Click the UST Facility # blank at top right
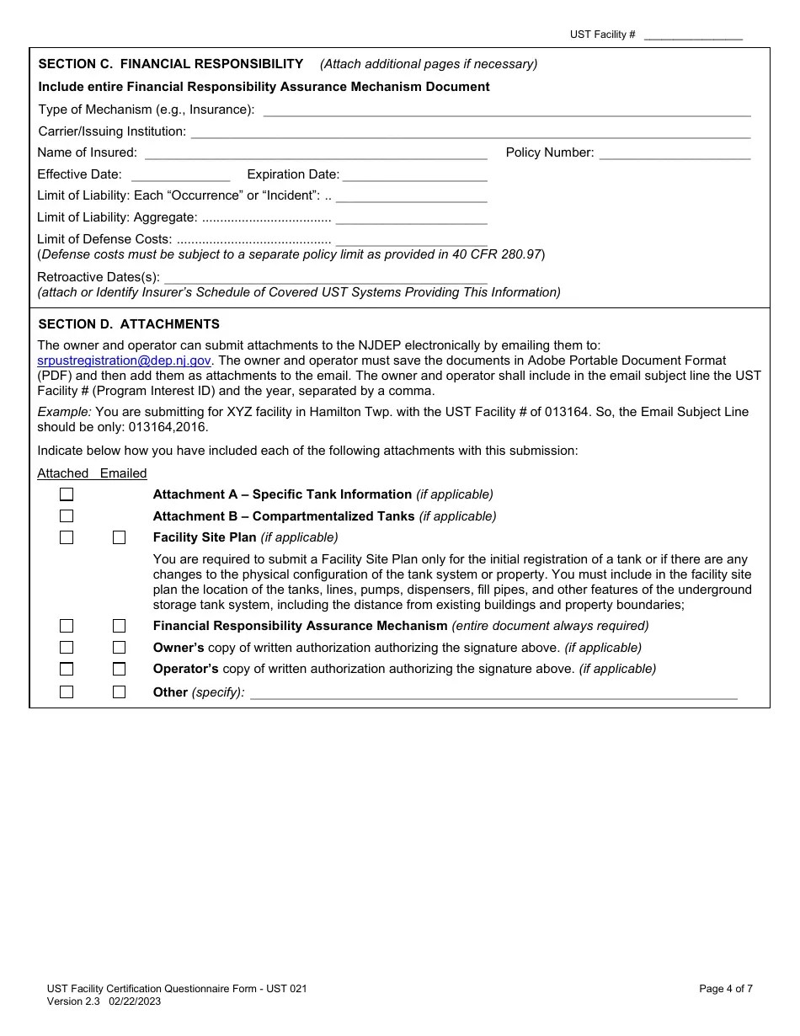click(x=692, y=35)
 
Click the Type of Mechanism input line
click(x=507, y=109)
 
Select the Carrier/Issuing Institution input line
click(x=470, y=131)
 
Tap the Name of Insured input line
click(x=316, y=152)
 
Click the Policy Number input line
click(x=675, y=152)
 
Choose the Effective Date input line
click(x=180, y=174)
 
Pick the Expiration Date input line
click(x=414, y=174)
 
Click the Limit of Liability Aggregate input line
click(x=411, y=217)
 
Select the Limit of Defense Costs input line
click(x=411, y=239)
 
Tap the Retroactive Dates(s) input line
click(x=325, y=277)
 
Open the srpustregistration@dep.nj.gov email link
click(x=124, y=360)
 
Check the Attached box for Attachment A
click(x=67, y=494)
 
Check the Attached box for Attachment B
click(x=67, y=516)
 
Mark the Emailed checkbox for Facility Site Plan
click(x=119, y=537)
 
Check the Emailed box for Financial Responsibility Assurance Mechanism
click(x=119, y=626)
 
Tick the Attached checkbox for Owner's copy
click(x=67, y=648)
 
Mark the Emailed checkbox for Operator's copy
click(x=119, y=669)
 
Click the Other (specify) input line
click(x=493, y=692)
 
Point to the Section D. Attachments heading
click(x=129, y=324)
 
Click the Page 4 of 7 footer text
click(x=725, y=989)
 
